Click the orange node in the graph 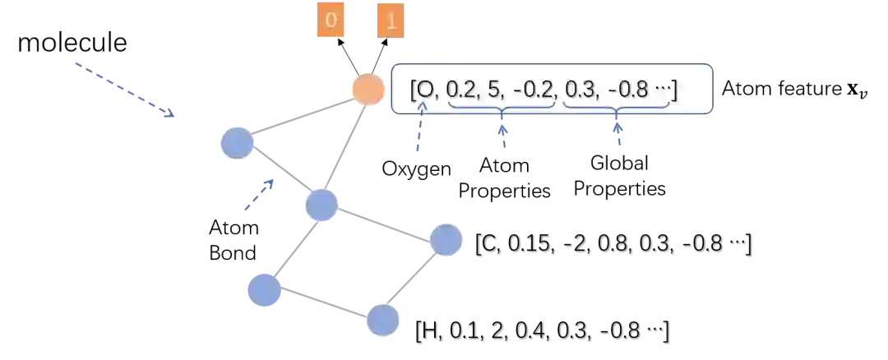368,89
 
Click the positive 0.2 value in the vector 460,90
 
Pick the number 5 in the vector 494,90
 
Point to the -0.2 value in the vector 534,90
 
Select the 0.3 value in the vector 580,90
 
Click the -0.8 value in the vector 627,90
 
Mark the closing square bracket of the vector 674,90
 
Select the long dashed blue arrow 125,89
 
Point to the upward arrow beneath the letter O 419,132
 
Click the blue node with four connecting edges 321,204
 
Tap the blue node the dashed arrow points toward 237,143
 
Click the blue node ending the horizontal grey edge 446,240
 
